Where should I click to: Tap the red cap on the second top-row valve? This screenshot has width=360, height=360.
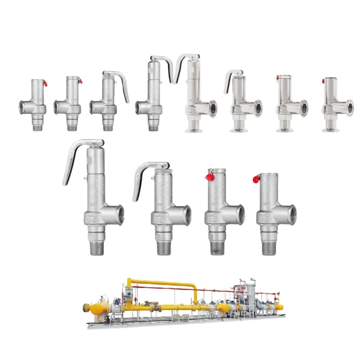80,81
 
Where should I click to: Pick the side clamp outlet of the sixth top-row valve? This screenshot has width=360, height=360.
258,108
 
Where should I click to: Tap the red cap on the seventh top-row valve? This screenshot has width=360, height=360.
278,78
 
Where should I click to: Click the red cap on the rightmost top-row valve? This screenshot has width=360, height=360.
323,81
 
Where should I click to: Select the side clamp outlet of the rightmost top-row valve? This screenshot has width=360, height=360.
348,108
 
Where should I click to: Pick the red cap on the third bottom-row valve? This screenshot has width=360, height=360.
209,177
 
